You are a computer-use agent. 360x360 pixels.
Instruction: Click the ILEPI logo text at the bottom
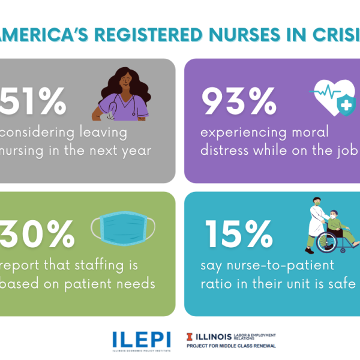[142, 340]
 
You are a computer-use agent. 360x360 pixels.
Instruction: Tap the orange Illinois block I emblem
[190, 336]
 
